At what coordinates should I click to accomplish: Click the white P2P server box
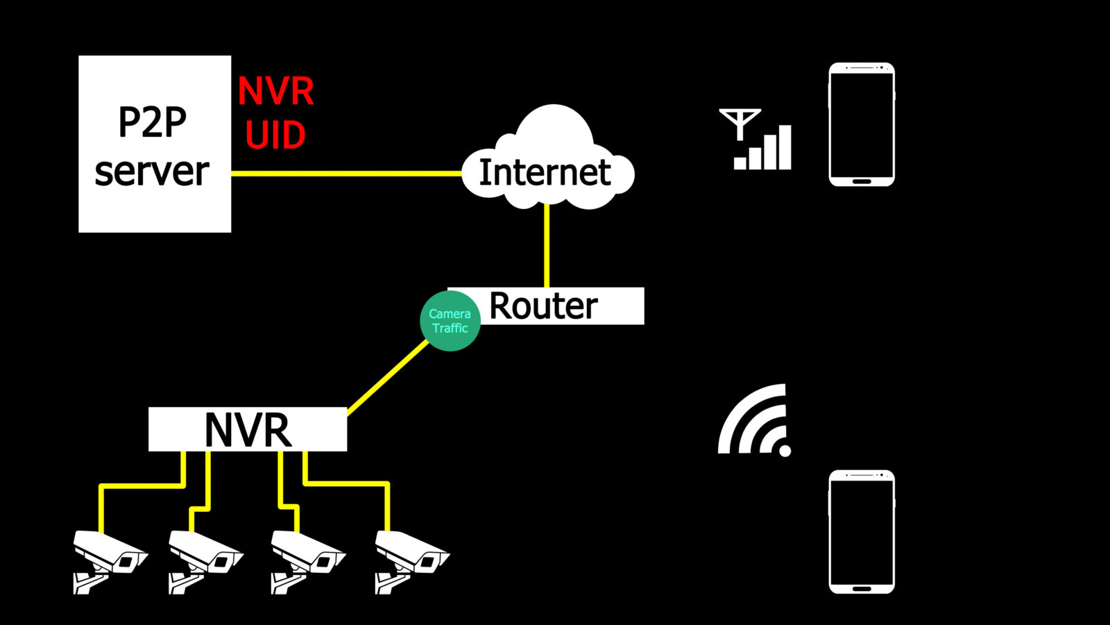[x=154, y=144]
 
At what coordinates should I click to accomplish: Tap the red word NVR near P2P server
[x=275, y=92]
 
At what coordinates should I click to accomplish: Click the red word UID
[x=275, y=135]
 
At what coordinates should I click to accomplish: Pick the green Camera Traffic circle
[x=450, y=321]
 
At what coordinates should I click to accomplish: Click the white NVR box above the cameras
[x=248, y=429]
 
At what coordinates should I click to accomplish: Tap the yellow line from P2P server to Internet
[x=347, y=173]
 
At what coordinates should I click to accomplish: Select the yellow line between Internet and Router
[x=547, y=247]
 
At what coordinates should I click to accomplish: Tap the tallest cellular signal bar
[x=785, y=147]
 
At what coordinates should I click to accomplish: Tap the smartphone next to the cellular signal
[x=862, y=124]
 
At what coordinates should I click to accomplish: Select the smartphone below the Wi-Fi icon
[x=862, y=531]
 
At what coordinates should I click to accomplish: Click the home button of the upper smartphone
[x=862, y=181]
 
